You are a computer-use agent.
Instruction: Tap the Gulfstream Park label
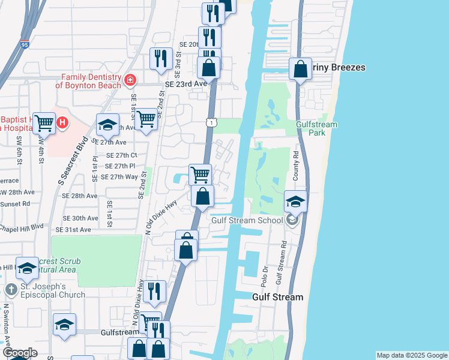(x=317, y=128)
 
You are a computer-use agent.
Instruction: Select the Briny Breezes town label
(x=338, y=68)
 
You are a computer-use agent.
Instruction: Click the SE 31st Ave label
(x=73, y=230)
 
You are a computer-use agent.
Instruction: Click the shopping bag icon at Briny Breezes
(x=300, y=69)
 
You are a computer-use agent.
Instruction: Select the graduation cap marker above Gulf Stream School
(x=295, y=202)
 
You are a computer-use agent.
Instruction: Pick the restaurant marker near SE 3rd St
(x=161, y=58)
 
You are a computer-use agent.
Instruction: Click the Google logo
(x=19, y=353)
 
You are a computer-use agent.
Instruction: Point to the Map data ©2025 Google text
(x=412, y=355)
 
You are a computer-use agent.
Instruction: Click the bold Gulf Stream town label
(x=277, y=297)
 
